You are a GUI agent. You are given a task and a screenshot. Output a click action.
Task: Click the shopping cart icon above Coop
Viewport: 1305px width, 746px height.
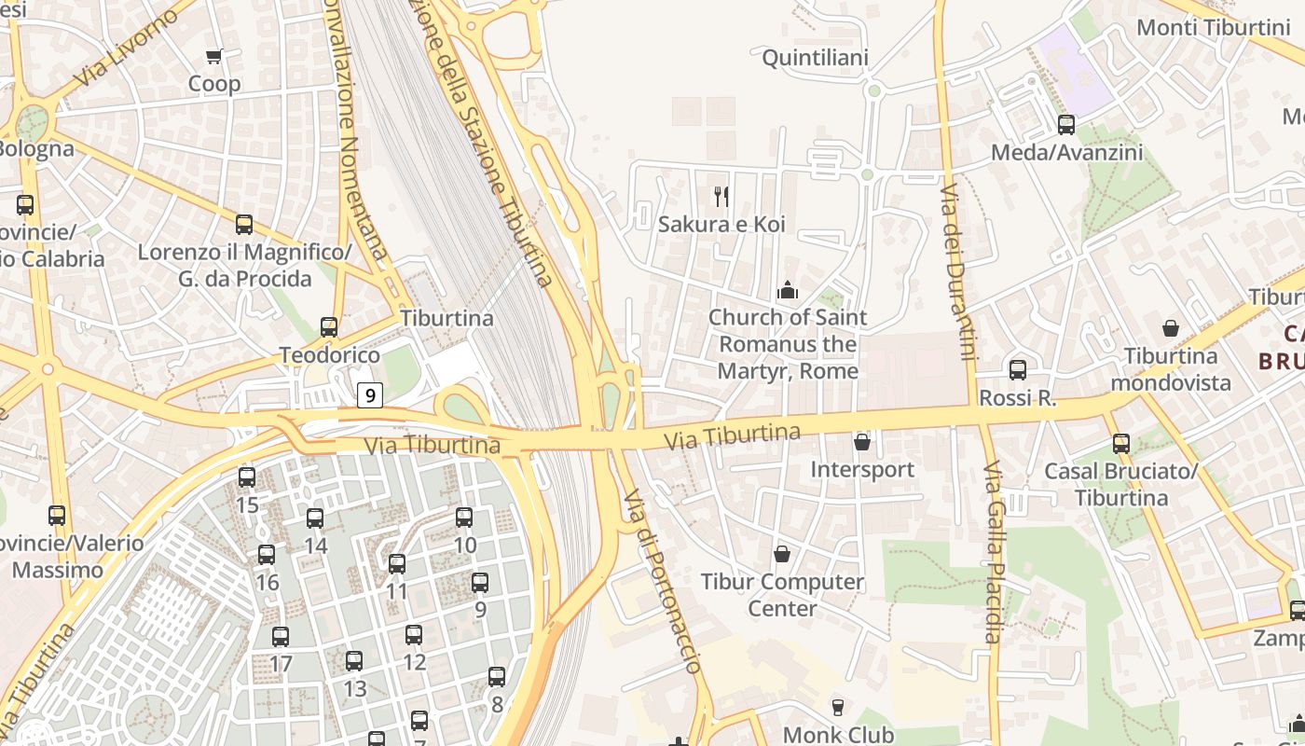[x=214, y=57]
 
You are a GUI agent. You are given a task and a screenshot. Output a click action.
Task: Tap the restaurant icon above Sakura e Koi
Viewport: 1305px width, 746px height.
[x=721, y=196]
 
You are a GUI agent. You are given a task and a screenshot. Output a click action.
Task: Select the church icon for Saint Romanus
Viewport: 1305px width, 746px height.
[x=788, y=290]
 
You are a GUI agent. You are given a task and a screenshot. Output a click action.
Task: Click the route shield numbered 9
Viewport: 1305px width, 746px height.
[x=370, y=395]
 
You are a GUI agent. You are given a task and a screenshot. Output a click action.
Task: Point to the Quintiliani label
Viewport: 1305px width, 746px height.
[x=815, y=58]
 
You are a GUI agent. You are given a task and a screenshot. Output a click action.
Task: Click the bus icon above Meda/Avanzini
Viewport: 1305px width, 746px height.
[x=1065, y=124]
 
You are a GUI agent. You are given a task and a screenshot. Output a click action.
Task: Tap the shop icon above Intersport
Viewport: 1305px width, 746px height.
[x=862, y=441]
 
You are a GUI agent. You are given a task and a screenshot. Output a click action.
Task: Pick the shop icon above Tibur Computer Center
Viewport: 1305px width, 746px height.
[x=782, y=554]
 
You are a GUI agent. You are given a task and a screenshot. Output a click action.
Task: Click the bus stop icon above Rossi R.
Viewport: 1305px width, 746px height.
[x=1017, y=370]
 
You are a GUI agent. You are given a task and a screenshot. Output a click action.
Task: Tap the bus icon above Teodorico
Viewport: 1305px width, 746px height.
[x=329, y=327]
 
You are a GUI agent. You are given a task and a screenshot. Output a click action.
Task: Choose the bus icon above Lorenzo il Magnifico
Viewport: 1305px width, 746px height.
[x=244, y=225]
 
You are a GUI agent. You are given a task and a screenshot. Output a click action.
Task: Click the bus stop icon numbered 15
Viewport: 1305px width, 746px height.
[x=247, y=477]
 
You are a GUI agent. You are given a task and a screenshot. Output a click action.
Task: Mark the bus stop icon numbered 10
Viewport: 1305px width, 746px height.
[x=464, y=518]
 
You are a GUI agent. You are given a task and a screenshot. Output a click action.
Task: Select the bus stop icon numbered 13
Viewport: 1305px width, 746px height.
[x=354, y=661]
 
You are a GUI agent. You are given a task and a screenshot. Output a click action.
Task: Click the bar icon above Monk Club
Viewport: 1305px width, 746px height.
[x=837, y=708]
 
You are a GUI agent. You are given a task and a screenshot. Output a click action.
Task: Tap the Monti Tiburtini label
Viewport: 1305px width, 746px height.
[x=1214, y=27]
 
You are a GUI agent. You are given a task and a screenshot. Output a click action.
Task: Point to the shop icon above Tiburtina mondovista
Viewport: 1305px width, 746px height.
[x=1171, y=328]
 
